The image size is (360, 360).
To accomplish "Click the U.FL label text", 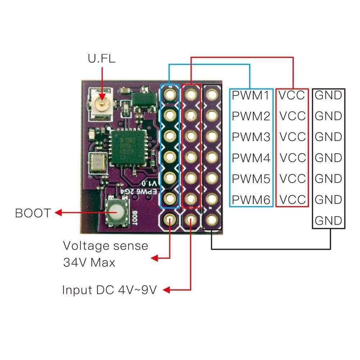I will [102, 58].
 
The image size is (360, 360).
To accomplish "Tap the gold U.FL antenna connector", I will [102, 105].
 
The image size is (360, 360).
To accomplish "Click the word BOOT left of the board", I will [33, 213].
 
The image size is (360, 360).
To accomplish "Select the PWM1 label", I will [251, 95].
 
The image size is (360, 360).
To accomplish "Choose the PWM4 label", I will [251, 158].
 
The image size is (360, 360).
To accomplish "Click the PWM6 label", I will [251, 199].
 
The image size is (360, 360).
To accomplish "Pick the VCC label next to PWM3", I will [292, 137].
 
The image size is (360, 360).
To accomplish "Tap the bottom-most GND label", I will [328, 220].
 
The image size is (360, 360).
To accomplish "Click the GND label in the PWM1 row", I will [328, 95].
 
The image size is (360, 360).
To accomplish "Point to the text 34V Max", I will [89, 262].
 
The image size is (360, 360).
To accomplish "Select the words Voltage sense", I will [105, 246].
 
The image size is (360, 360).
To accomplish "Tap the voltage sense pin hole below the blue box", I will [170, 219].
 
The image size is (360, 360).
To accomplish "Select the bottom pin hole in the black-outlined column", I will [212, 219].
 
